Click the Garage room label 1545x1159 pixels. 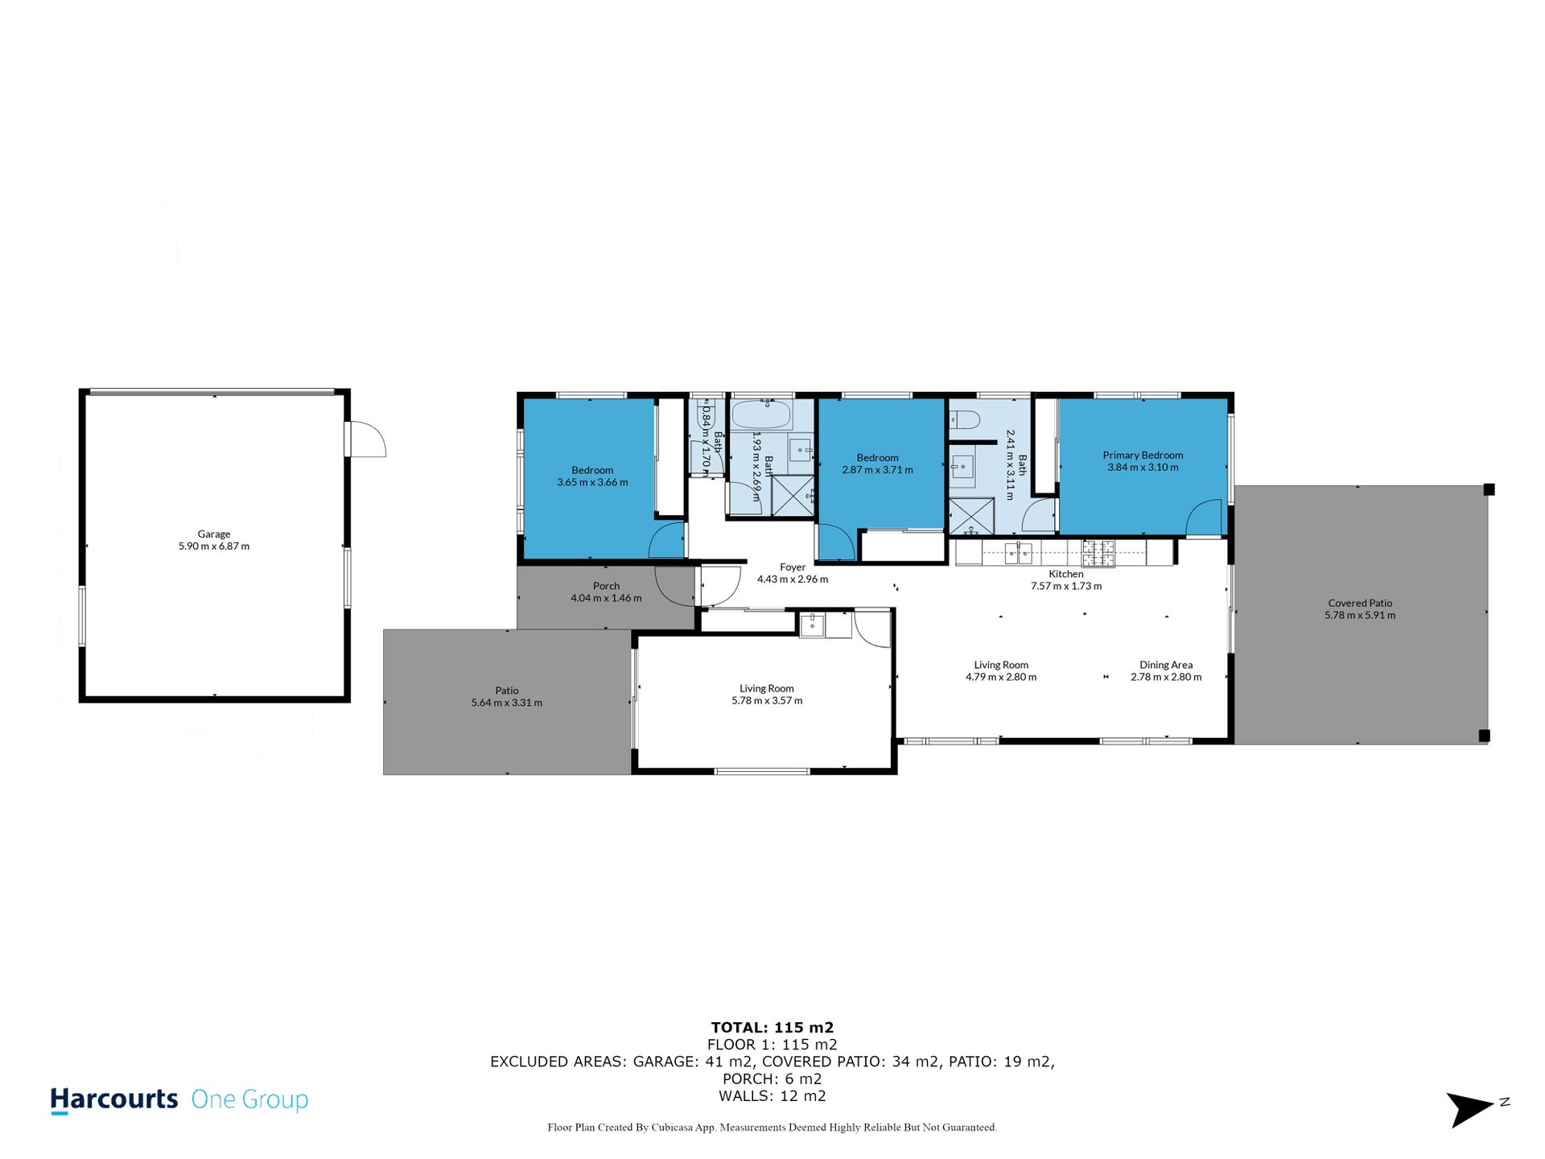point(214,534)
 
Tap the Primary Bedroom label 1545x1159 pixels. point(1143,455)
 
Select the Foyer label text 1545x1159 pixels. point(793,567)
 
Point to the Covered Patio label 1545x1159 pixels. point(1360,603)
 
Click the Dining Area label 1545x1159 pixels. point(1166,665)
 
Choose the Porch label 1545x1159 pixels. point(607,586)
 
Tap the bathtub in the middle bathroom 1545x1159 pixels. point(761,415)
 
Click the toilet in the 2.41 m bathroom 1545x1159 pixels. point(963,419)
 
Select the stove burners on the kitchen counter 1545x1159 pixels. point(1098,552)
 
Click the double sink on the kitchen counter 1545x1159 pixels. point(1018,552)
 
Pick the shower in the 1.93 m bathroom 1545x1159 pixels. point(793,495)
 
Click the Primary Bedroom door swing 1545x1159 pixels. point(1204,517)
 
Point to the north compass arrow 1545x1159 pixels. point(1470,1109)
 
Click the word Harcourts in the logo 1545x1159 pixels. point(114,1099)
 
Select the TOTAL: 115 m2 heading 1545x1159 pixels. point(772,1027)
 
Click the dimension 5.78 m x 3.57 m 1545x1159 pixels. point(767,701)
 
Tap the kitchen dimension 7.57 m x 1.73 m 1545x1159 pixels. point(1066,586)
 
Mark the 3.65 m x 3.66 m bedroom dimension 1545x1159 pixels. point(592,482)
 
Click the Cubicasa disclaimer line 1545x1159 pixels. point(772,1128)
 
